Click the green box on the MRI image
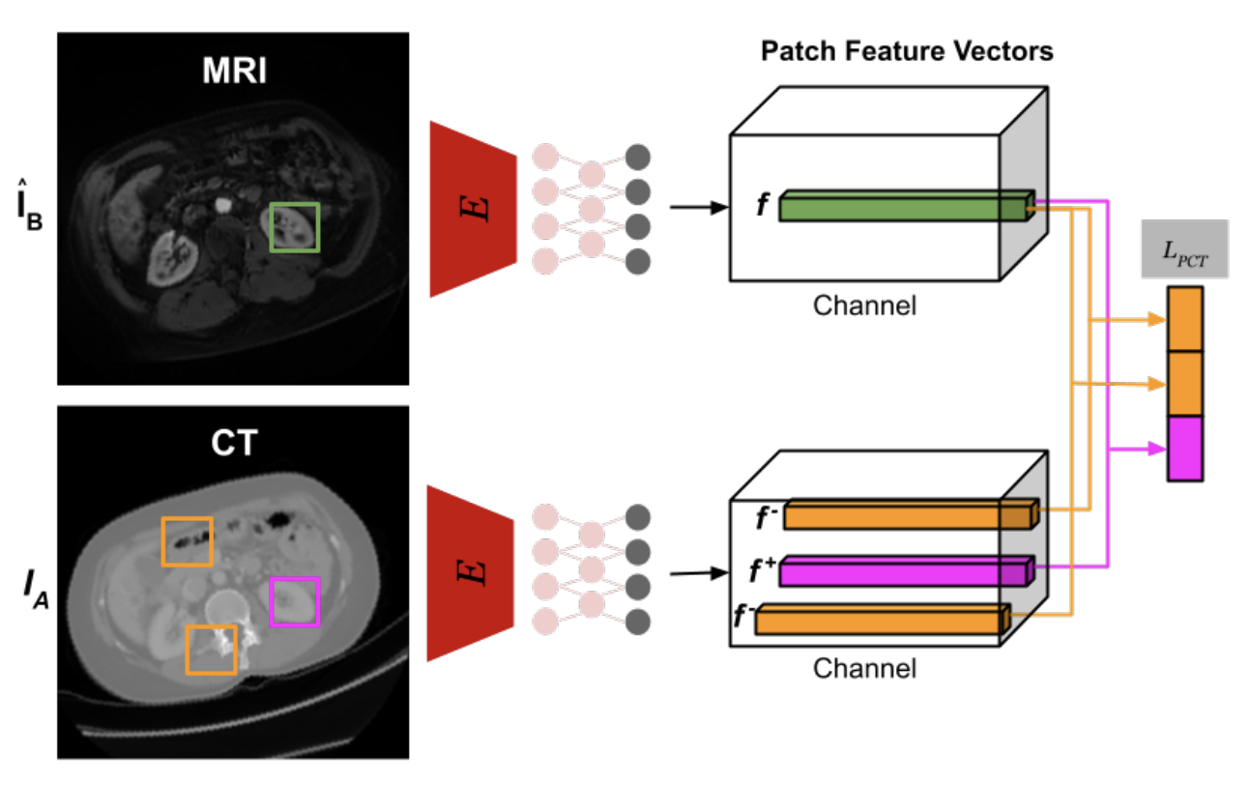click(x=294, y=227)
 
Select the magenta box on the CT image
click(x=294, y=601)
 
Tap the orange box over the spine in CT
click(x=211, y=649)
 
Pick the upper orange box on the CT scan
click(x=187, y=541)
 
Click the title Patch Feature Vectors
click(x=907, y=52)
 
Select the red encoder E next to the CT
click(x=472, y=573)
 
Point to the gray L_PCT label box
click(x=1184, y=250)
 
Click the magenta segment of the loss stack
click(x=1185, y=449)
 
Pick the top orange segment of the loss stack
click(x=1185, y=319)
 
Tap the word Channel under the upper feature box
click(x=864, y=306)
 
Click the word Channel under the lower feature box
click(x=864, y=668)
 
